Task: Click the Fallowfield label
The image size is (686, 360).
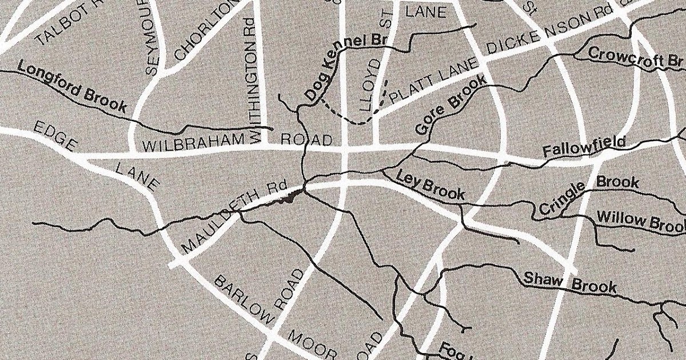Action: [584, 148]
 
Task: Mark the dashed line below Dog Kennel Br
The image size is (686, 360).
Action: [349, 117]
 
